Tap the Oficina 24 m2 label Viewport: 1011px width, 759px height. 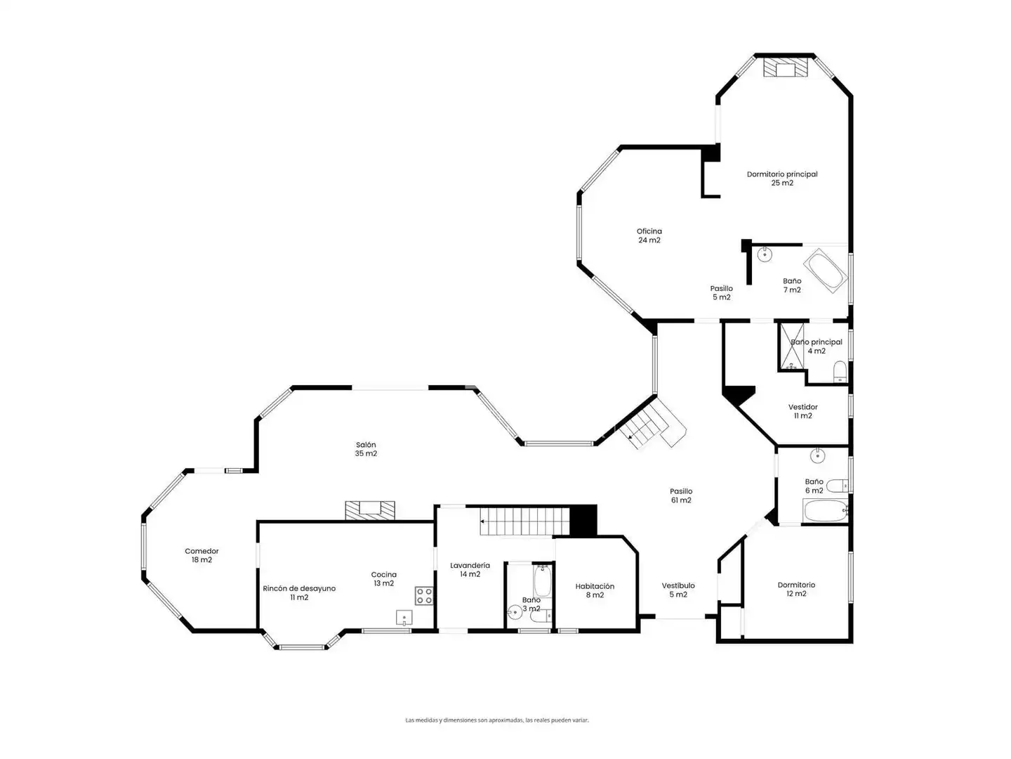[x=649, y=235]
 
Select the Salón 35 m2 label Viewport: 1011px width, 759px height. [x=366, y=449]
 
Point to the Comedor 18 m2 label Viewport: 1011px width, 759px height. [x=201, y=555]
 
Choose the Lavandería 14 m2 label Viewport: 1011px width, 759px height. [x=470, y=569]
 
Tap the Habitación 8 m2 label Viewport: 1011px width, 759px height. [x=595, y=590]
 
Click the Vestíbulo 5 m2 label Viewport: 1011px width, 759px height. [x=678, y=590]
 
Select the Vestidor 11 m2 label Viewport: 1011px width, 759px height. [x=802, y=411]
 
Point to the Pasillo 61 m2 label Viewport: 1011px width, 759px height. [x=681, y=495]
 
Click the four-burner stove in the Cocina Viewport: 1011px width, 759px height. [x=424, y=595]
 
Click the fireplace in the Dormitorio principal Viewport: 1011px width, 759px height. [x=786, y=67]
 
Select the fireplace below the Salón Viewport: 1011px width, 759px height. [x=370, y=510]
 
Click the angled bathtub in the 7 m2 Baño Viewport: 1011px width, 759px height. [x=826, y=271]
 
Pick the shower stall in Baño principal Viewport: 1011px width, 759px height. [x=791, y=346]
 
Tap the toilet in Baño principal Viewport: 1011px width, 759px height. [x=840, y=372]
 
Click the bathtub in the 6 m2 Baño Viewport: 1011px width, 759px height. [x=825, y=511]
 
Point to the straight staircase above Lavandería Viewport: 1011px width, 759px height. [x=524, y=521]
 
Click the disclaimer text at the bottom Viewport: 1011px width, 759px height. [x=496, y=720]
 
